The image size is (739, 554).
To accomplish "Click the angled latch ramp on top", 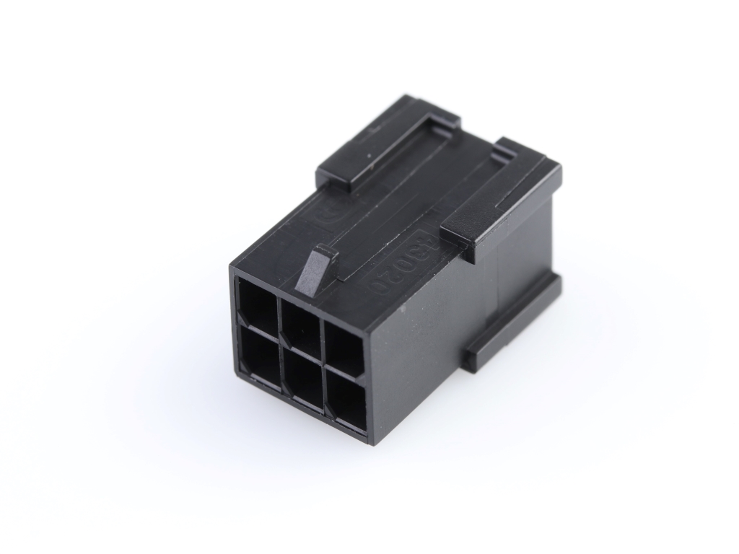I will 315,273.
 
